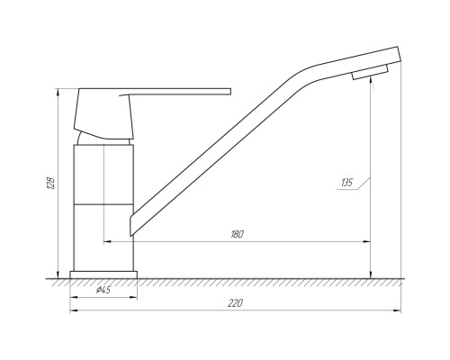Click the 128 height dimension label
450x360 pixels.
51,184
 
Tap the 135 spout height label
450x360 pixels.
346,183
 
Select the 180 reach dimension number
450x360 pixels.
237,234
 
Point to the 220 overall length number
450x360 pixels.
235,303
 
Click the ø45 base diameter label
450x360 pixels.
103,290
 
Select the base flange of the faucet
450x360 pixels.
103,274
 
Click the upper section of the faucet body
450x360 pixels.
103,175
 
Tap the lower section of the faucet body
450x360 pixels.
103,238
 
